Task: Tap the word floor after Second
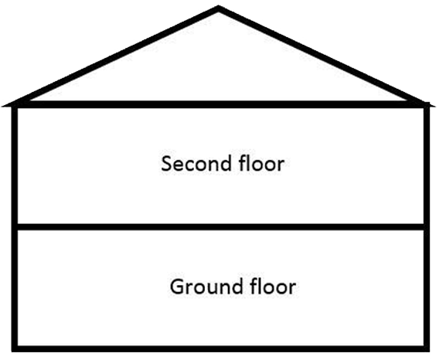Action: pos(262,163)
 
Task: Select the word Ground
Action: pos(206,287)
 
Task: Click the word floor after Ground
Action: pos(273,286)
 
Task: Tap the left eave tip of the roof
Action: pos(3,106)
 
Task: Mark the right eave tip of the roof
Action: pos(434,106)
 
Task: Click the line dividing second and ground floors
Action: pos(220,227)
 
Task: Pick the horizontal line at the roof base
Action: pos(219,104)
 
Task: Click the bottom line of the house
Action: pos(220,349)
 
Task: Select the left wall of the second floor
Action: pos(15,166)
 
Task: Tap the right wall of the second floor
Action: pos(427,166)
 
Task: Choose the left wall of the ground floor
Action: pos(15,288)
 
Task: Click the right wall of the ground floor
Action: pos(427,288)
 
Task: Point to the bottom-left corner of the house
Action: pos(12,351)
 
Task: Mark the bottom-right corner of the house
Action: pos(429,351)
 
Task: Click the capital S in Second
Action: pos(166,164)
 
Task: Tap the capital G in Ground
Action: pos(177,287)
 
